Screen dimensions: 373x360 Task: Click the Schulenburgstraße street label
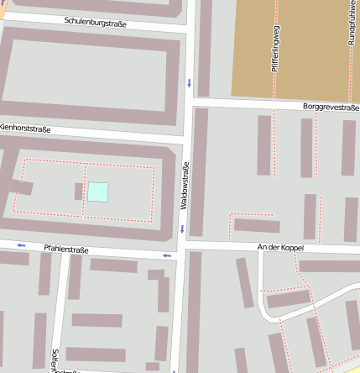click(95, 24)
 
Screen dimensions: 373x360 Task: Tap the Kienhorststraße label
click(26, 129)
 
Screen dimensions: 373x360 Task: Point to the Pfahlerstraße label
click(66, 249)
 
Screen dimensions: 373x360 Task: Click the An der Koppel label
click(280, 248)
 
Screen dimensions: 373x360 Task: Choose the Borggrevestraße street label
click(331, 108)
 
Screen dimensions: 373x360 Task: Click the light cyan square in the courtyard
click(98, 192)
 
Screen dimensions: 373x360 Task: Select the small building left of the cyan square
click(78, 192)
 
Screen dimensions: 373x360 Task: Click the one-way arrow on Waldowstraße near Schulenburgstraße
click(190, 82)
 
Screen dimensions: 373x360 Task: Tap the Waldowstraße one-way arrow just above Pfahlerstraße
click(182, 229)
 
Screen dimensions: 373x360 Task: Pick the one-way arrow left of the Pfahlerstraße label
click(21, 245)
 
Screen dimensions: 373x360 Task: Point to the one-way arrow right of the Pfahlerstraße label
click(166, 255)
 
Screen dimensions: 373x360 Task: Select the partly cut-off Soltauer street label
click(55, 360)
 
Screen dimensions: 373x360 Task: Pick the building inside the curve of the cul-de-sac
click(288, 298)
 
